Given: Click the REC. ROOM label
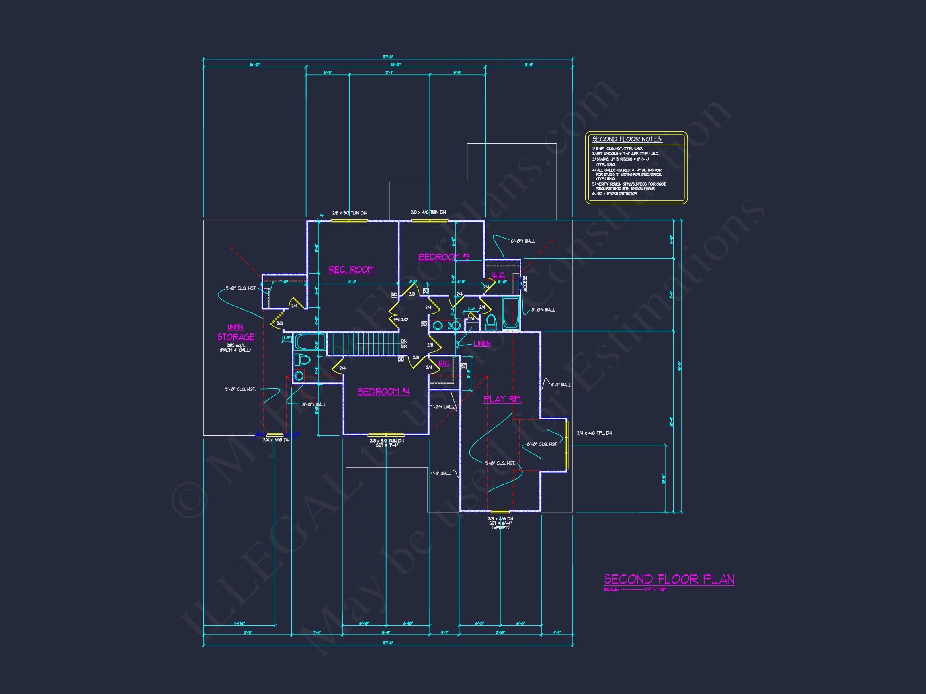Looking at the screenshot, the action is click(x=351, y=270).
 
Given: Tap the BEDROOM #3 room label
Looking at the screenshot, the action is click(x=443, y=257).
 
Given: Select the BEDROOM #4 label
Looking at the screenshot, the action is click(x=383, y=392).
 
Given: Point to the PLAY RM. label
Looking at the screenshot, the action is click(x=502, y=399).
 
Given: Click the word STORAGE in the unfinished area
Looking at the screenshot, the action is click(x=236, y=337).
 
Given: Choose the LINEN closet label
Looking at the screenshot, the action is click(x=482, y=343).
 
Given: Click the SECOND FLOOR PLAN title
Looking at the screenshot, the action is click(x=668, y=579).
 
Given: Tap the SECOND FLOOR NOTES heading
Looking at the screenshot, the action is click(x=627, y=139).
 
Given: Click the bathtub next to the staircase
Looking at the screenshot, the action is click(x=309, y=342).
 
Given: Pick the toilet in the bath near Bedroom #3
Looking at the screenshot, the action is click(x=491, y=322).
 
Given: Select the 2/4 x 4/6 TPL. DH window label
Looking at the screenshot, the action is click(x=594, y=433).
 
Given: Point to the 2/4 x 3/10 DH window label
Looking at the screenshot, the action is click(x=276, y=440).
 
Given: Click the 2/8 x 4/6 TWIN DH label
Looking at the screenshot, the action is click(x=428, y=212).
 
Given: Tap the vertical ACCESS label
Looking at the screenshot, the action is click(x=525, y=283).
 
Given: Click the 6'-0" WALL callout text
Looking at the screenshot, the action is click(x=522, y=241).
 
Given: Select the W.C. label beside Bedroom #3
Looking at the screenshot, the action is click(x=498, y=275).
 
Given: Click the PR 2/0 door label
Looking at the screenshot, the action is click(x=400, y=320).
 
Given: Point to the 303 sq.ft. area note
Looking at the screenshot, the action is click(x=235, y=345).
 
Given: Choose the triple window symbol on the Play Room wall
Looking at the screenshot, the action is click(x=567, y=445).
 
